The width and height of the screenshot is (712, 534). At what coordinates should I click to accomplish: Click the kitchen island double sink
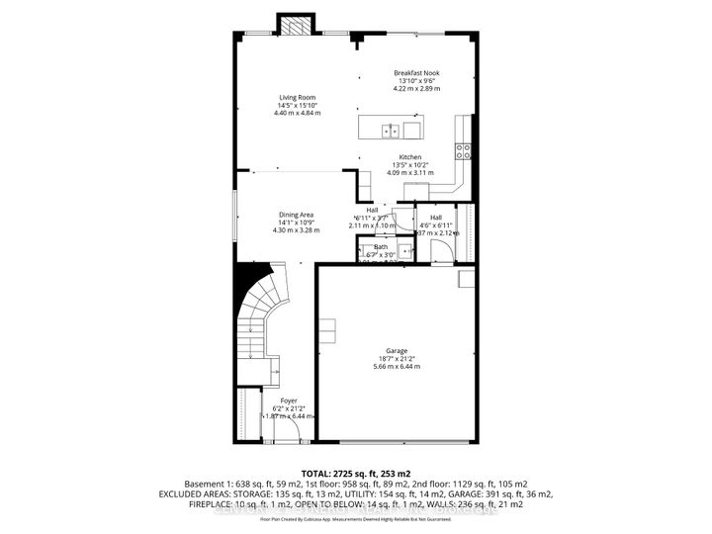[x=393, y=130]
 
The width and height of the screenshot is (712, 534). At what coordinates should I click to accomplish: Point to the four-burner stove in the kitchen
[x=461, y=151]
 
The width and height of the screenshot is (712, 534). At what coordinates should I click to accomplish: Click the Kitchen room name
[x=409, y=157]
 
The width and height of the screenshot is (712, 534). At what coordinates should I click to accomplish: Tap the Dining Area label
[x=296, y=215]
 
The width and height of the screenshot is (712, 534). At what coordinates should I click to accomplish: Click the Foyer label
[x=288, y=400]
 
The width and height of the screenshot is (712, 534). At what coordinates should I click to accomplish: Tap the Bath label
[x=381, y=247]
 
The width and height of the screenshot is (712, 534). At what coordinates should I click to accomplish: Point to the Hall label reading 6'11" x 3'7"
[x=373, y=218]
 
